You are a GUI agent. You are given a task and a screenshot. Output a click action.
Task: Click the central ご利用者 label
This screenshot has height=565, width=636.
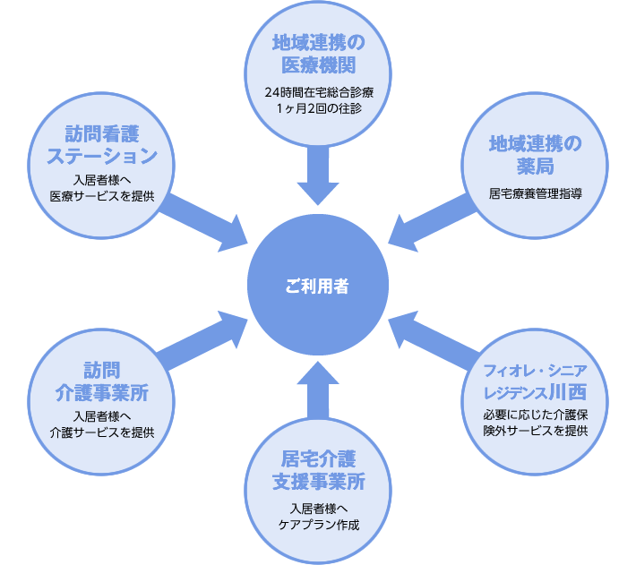point(317,287)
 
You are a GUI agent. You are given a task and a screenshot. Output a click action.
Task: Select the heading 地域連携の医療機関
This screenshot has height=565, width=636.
point(317,54)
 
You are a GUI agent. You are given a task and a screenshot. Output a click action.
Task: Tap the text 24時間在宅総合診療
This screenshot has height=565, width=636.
point(317,92)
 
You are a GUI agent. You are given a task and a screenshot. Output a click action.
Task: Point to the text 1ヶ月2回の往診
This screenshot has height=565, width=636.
point(317,108)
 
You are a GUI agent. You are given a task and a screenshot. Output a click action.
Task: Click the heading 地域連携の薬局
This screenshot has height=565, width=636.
point(534,155)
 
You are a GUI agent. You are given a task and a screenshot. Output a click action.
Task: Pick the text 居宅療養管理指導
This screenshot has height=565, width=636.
point(536,192)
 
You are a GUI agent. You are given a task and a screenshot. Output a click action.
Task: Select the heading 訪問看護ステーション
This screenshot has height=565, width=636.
point(102,144)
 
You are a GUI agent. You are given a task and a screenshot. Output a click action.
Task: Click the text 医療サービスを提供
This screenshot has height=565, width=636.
point(102,195)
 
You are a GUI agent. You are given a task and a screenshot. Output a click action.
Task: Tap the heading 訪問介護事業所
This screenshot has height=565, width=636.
point(102,381)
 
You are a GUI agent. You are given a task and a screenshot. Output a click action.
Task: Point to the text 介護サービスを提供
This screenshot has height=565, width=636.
point(102,432)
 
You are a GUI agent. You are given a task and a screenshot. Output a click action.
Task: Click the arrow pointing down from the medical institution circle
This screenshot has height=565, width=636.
point(317,175)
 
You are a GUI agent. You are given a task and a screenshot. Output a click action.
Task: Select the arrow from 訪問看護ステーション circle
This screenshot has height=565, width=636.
point(204,218)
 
